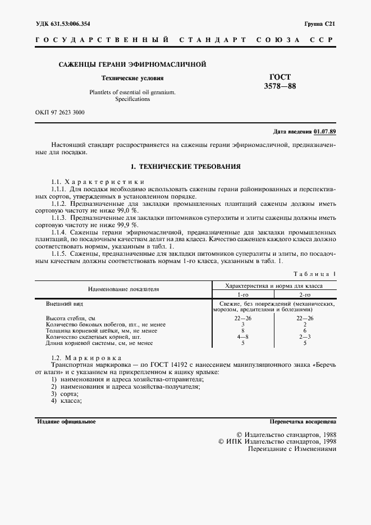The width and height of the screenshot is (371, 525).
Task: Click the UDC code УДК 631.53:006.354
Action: click(x=63, y=24)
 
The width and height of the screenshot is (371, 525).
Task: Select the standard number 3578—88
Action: click(x=280, y=86)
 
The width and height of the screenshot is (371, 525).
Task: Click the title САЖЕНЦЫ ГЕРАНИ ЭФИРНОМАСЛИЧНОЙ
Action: click(x=132, y=65)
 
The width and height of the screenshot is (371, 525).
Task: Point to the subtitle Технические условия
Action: click(x=132, y=79)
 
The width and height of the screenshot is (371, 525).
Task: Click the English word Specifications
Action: click(x=132, y=99)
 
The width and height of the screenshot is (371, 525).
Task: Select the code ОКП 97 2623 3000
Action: click(x=60, y=112)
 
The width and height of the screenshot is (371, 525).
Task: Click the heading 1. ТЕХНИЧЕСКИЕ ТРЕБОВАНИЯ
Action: click(x=185, y=167)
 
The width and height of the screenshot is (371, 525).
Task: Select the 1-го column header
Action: click(x=242, y=294)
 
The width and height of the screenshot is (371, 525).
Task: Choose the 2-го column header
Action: click(x=305, y=294)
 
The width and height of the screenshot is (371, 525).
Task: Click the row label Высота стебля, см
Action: click(x=70, y=318)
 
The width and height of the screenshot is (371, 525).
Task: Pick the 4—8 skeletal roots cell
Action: click(x=242, y=337)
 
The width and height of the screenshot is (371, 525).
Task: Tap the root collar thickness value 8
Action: click(x=242, y=330)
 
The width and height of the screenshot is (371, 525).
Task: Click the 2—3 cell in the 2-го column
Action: click(x=305, y=337)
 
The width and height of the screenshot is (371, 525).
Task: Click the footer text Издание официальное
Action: click(x=66, y=421)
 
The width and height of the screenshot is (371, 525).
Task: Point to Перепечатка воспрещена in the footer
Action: click(x=303, y=421)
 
